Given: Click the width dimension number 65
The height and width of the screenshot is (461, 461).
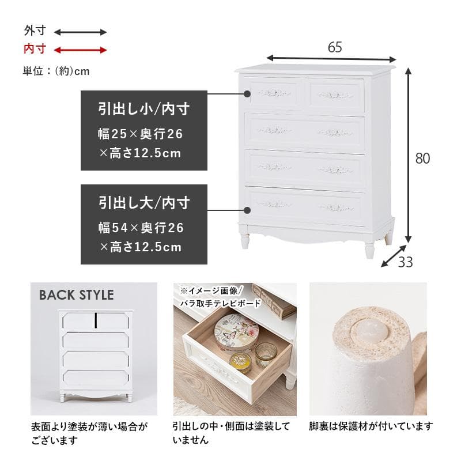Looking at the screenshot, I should [x=334, y=47].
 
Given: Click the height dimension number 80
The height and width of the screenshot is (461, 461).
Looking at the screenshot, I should [x=422, y=158].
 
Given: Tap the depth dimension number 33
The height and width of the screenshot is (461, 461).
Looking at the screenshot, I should [x=406, y=262].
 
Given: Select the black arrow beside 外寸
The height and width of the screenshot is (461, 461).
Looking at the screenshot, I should [x=81, y=32].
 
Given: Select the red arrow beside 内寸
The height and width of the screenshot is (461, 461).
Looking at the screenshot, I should [x=81, y=50].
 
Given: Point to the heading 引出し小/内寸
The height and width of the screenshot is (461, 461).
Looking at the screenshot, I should [x=143, y=108].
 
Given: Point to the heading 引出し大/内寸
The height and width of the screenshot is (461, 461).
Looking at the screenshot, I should [x=143, y=202].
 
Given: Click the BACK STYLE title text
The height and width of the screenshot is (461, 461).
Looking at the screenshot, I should [x=77, y=295].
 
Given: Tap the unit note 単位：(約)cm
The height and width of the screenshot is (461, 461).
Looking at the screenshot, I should [x=56, y=71].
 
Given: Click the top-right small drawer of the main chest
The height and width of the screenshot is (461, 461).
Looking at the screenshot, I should [x=336, y=95].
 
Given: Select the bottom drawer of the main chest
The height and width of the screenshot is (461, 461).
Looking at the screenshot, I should [x=304, y=205].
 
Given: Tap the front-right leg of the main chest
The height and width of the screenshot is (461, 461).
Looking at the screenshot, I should [x=369, y=248].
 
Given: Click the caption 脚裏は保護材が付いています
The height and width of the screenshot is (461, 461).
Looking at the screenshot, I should [x=371, y=426].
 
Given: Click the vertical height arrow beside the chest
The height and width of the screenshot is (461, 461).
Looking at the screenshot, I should [x=408, y=156].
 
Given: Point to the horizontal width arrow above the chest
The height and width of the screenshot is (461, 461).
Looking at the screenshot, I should [x=331, y=58].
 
